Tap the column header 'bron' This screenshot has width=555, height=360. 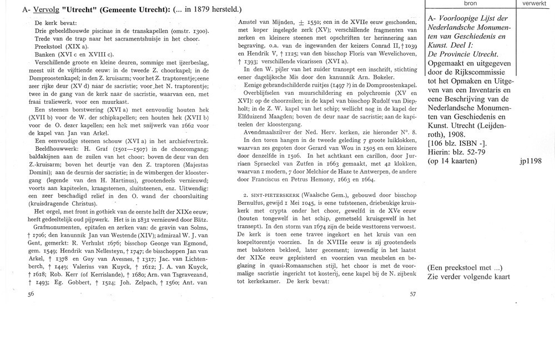[471, 3]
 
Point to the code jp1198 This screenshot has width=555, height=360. [531, 162]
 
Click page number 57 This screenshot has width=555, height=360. [413, 295]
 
